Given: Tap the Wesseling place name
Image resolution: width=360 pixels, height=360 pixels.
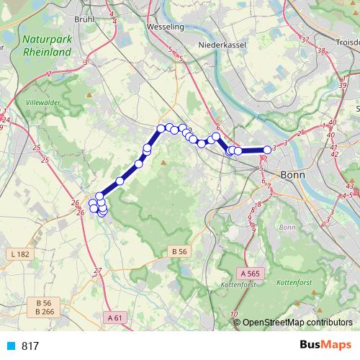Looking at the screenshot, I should (x=165, y=27).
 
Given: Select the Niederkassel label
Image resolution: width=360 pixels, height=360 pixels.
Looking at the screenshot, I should (x=223, y=44).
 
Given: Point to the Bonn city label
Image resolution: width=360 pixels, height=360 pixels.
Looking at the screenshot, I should (x=293, y=175).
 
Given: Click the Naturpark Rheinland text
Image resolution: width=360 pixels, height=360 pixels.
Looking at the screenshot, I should (x=47, y=46).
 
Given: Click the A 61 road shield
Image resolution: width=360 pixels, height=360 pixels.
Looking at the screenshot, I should (x=115, y=317).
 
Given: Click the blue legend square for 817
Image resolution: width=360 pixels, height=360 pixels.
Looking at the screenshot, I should (x=11, y=346).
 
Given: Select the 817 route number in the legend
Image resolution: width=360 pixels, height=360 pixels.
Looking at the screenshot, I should (x=30, y=346).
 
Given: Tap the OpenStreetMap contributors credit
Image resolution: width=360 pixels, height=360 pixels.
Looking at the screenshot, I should (x=297, y=323).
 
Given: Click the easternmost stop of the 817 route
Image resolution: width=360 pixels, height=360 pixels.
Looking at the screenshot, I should (x=267, y=150).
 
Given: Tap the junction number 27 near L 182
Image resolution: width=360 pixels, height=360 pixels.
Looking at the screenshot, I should (x=99, y=270).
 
